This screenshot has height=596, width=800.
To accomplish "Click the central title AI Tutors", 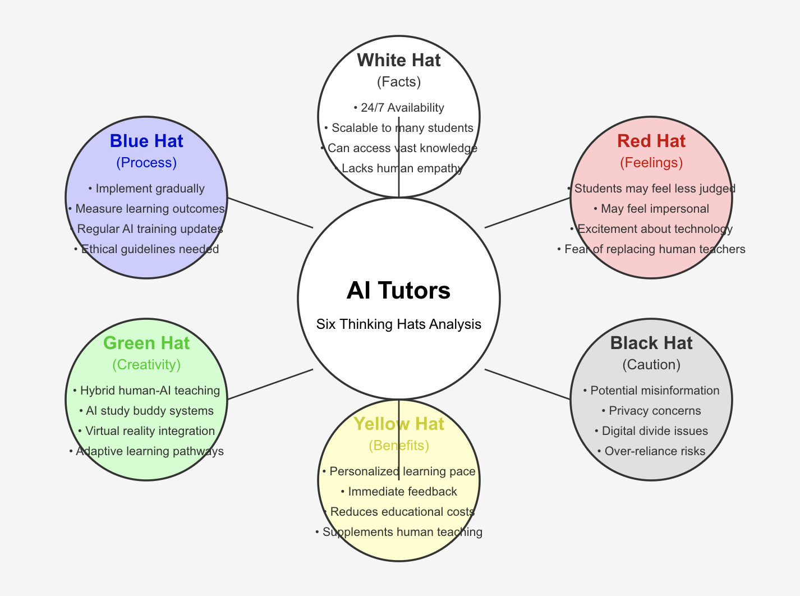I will click(398, 291).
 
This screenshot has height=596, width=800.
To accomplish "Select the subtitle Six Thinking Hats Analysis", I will click(398, 324).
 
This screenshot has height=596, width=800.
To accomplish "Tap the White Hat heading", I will click(398, 60).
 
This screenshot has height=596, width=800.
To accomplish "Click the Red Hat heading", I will click(651, 141).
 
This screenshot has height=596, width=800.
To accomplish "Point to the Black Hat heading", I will click(651, 343).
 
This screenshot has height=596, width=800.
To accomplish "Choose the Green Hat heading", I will click(146, 343).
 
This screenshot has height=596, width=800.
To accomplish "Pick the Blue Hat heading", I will click(146, 141).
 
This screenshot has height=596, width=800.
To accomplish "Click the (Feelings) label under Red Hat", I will click(651, 163).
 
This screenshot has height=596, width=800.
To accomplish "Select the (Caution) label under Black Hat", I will click(651, 365).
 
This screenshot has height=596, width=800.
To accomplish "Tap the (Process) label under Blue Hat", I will click(146, 163).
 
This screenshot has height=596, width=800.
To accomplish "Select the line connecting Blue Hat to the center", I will click(270, 213).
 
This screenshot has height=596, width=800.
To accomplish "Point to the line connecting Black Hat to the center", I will click(527, 384).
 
